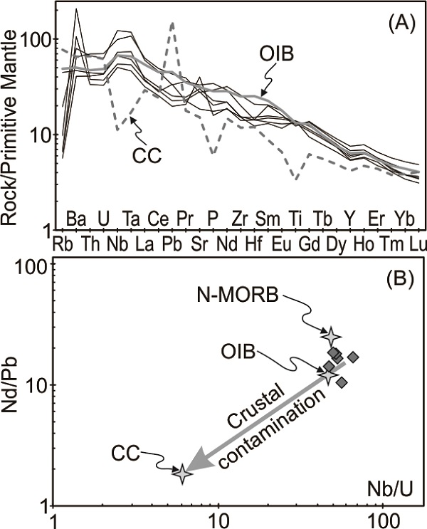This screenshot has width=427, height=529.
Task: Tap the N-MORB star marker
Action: pyautogui.click(x=331, y=335)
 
